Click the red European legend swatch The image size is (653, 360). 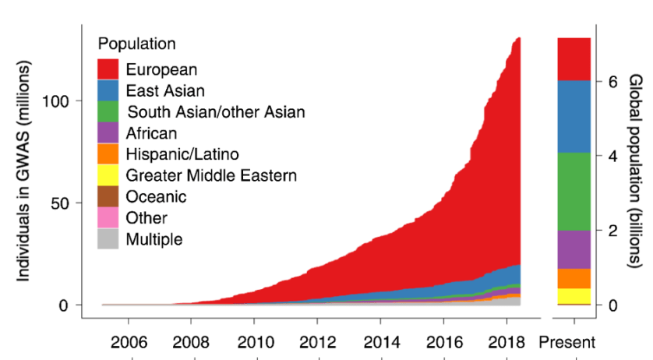tap(108, 69)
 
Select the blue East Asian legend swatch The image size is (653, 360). tap(108, 90)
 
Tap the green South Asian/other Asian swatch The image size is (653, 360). tap(108, 111)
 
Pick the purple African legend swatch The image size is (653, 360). tap(108, 132)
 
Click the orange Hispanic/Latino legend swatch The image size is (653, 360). tap(108, 154)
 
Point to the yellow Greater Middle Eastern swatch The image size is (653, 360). tap(108, 175)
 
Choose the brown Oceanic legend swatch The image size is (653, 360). tap(108, 196)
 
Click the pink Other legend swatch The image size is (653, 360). tap(108, 218)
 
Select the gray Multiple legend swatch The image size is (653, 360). tap(108, 239)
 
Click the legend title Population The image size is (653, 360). tap(136, 44)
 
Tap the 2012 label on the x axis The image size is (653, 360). tap(316, 342)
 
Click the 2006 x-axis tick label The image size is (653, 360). tap(127, 342)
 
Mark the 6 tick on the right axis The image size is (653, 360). tap(612, 81)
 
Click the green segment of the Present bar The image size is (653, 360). tap(574, 191)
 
